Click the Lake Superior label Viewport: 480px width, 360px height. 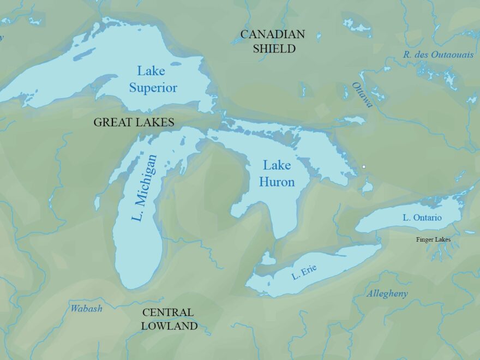click(153, 79)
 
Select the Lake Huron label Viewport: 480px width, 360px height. click(277, 173)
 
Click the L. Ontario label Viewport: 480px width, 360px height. click(422, 218)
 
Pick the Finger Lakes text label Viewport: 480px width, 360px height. click(433, 239)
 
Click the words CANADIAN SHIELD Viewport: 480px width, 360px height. click(273, 41)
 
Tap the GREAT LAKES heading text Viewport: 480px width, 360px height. click(134, 122)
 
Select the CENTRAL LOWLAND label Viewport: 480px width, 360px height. click(169, 319)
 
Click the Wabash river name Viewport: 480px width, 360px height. click(86, 309)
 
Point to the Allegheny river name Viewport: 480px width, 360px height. click(387, 293)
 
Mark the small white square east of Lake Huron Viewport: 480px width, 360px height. click(364, 166)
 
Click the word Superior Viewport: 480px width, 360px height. click(153, 88)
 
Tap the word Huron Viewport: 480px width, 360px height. click(277, 182)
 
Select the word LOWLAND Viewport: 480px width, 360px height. click(169, 326)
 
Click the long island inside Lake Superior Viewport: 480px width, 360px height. click(85, 53)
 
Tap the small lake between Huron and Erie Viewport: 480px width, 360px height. click(267, 258)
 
